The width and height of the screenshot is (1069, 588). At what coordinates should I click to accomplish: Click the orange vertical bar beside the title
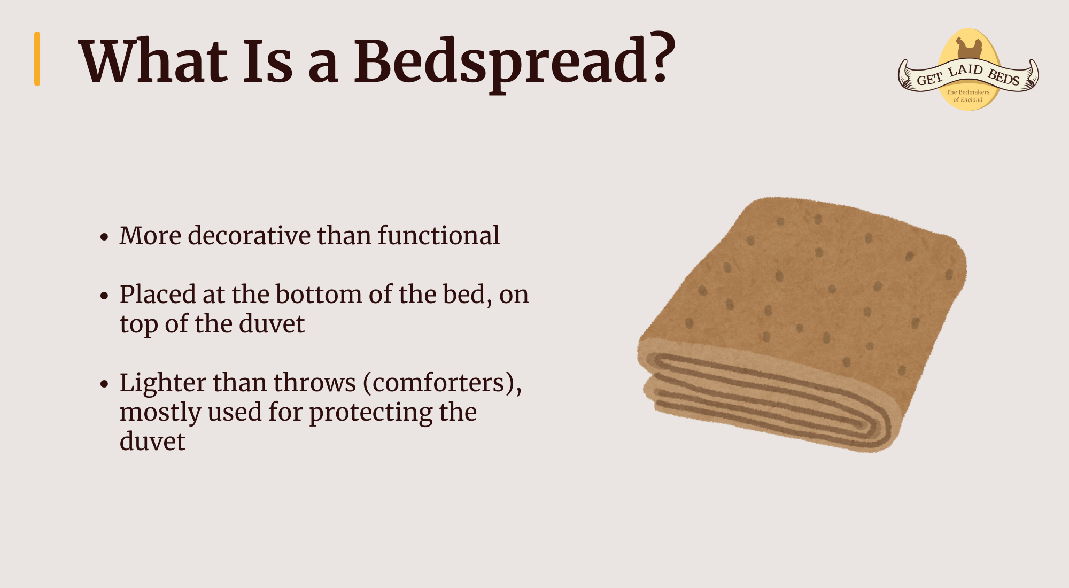tap(37, 59)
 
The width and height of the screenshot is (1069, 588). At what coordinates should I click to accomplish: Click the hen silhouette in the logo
tap(969, 48)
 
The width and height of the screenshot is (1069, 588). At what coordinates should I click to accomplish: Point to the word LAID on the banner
tap(965, 70)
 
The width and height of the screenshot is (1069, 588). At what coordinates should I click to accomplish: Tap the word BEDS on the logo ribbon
tap(1004, 78)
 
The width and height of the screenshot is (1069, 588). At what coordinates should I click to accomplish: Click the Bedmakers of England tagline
tap(968, 96)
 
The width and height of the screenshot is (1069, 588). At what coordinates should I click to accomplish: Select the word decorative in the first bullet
tap(249, 235)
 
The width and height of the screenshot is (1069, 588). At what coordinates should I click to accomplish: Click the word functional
tap(439, 235)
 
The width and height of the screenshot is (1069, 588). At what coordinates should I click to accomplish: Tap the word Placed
tap(158, 294)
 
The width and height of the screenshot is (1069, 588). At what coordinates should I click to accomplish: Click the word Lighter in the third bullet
tap(163, 383)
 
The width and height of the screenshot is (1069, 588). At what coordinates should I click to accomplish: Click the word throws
tap(314, 383)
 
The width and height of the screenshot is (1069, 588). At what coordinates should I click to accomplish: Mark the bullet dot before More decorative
tap(104, 237)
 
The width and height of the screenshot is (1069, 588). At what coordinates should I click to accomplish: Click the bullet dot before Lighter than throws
tap(104, 384)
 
